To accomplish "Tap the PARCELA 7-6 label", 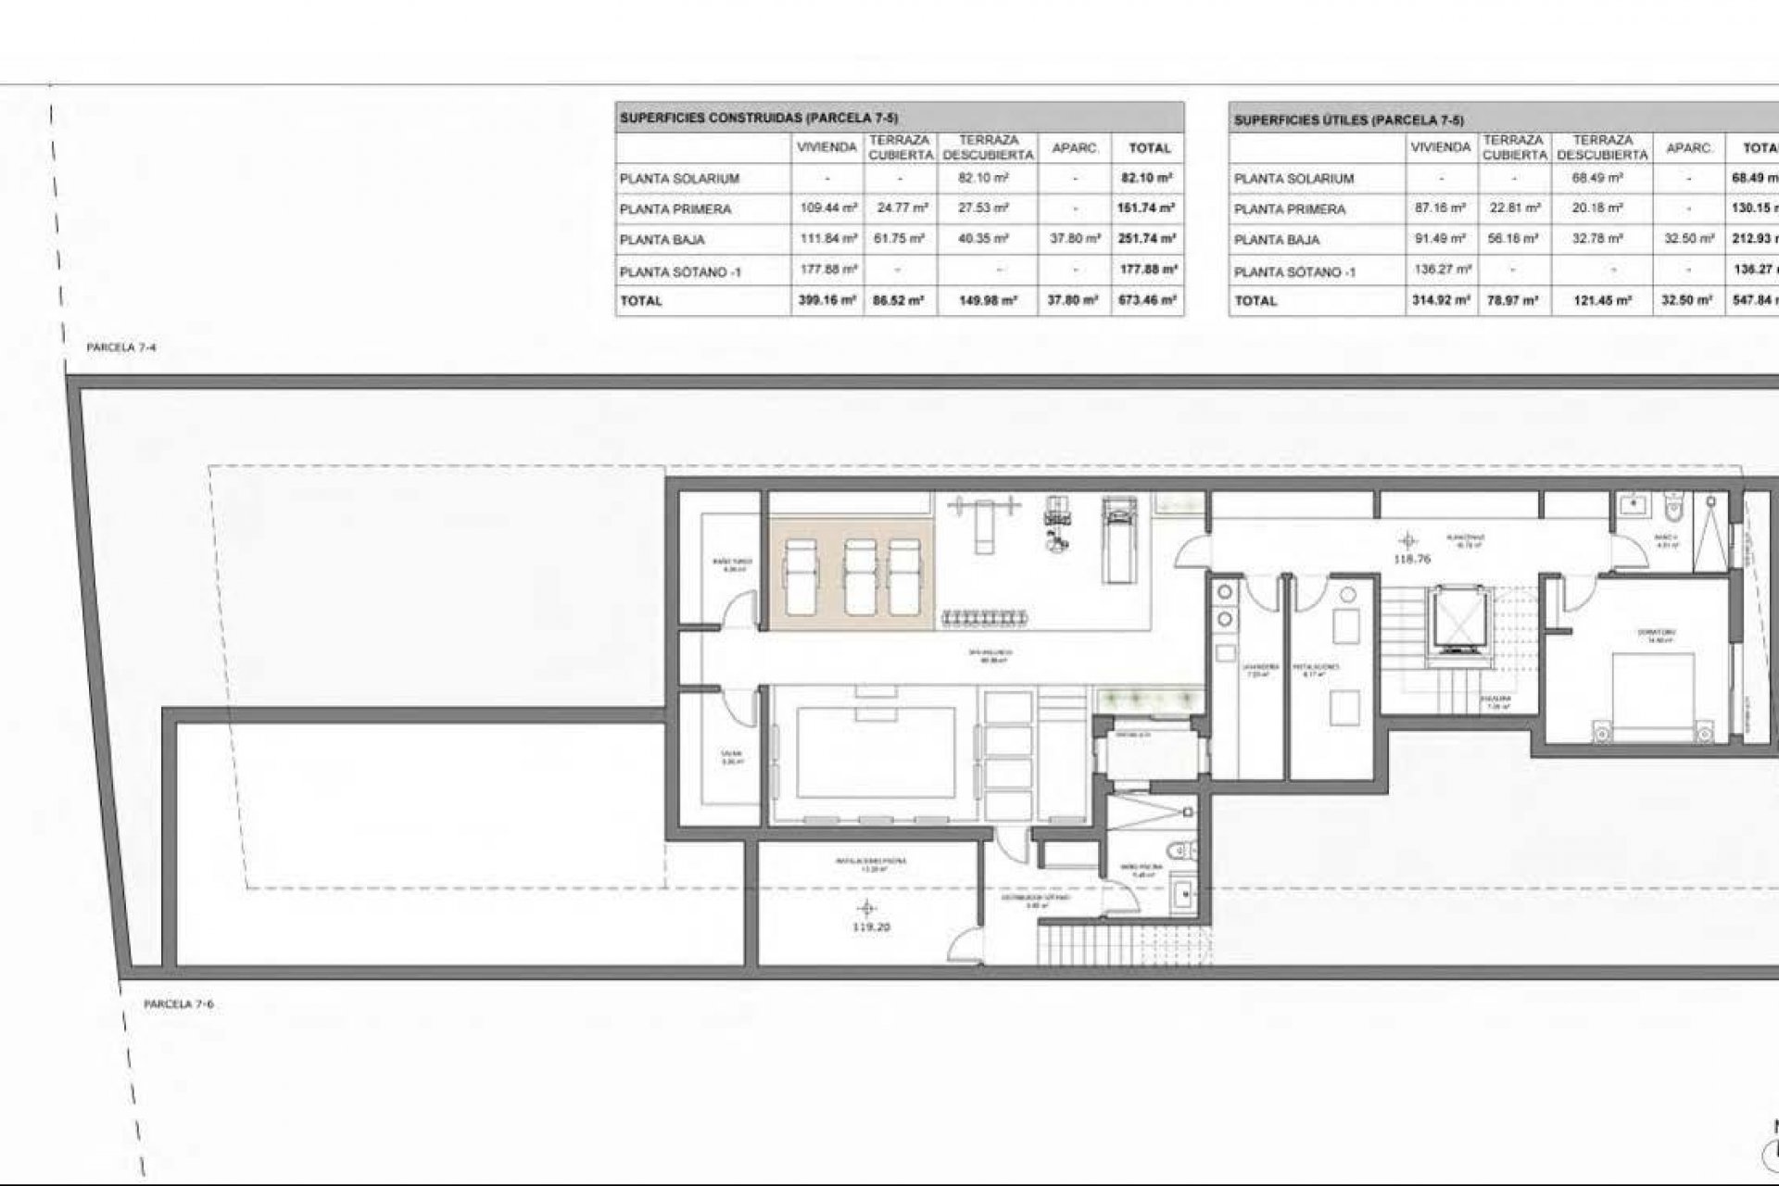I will pos(179,1003).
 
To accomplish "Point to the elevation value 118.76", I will pos(1407,559).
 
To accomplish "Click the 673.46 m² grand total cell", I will pos(1146,300).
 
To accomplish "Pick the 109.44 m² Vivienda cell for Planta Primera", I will pos(826,208).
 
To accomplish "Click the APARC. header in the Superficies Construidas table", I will pos(1074,148).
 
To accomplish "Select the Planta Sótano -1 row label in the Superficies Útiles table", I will pos(1294,271).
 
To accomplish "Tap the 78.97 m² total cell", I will pos(1514,300).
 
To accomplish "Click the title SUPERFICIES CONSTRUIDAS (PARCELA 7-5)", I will pos(759,118).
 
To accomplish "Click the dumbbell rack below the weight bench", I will pos(985,615).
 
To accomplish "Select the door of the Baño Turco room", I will pos(737,612).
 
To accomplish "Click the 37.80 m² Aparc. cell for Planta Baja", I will pos(1074,239).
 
